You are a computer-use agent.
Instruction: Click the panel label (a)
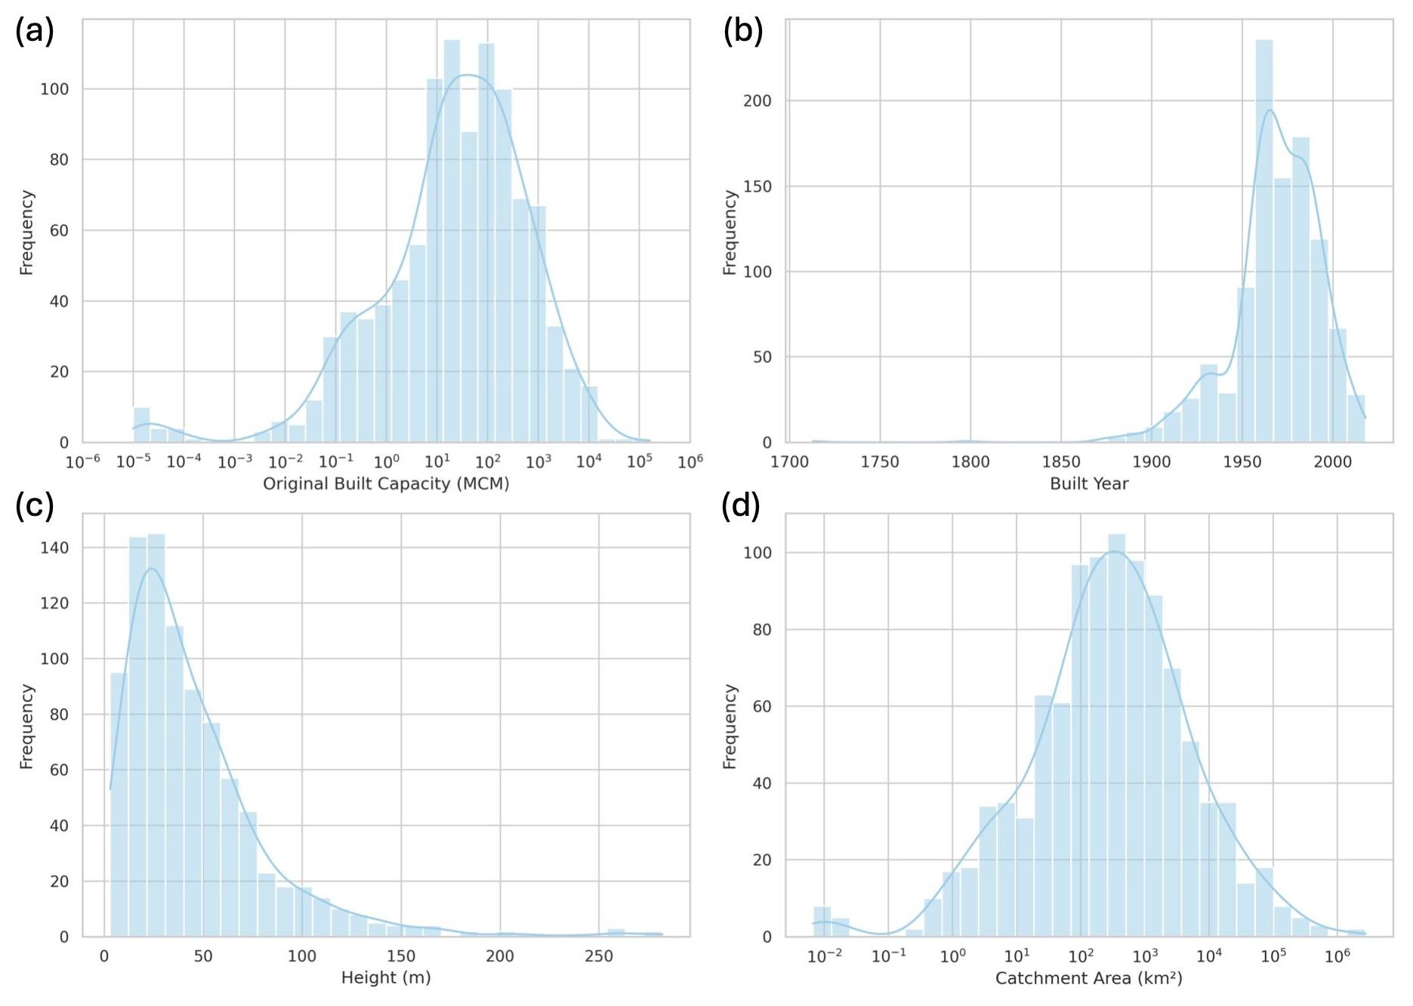click(35, 32)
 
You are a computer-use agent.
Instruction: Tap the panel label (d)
click(741, 505)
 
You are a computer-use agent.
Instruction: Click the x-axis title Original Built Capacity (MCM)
click(386, 484)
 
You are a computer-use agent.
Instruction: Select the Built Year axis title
click(1089, 484)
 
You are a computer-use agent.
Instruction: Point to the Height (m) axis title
click(386, 978)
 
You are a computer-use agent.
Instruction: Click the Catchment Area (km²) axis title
click(1089, 979)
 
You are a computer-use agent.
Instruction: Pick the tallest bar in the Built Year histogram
click(1264, 242)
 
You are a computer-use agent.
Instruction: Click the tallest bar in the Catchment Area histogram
click(1117, 736)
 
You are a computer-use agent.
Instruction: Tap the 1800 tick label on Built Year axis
click(970, 462)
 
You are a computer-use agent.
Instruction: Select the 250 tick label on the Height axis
click(599, 957)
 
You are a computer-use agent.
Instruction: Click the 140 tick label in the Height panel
click(54, 548)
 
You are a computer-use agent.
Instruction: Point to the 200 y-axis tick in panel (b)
click(757, 101)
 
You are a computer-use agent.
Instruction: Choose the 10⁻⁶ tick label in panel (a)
click(83, 461)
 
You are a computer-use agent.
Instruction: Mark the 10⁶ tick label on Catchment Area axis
click(1337, 956)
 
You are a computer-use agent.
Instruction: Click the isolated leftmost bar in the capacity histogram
click(141, 425)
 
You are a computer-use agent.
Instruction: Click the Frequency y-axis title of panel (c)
click(26, 727)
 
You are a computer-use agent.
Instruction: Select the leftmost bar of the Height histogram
click(119, 804)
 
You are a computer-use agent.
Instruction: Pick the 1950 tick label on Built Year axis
click(1242, 462)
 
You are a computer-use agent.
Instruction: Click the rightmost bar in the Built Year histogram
click(1356, 419)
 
